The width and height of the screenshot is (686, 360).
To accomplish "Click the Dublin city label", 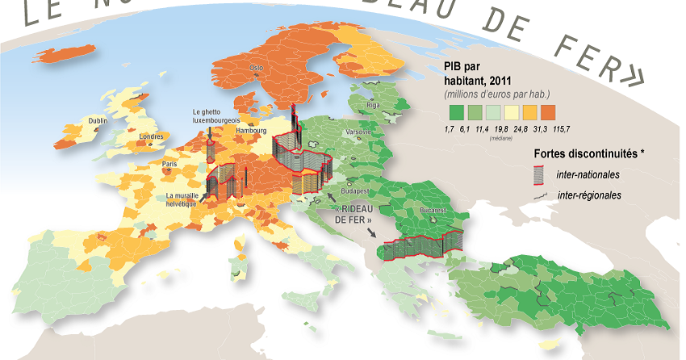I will pyautogui.click(x=98, y=121).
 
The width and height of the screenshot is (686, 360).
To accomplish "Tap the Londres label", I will pyautogui.click(x=152, y=136).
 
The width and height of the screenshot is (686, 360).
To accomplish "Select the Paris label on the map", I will pyautogui.click(x=169, y=164).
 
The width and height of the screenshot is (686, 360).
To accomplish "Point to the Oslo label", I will pyautogui.click(x=257, y=68).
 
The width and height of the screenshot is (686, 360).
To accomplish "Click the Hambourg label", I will pyautogui.click(x=252, y=130).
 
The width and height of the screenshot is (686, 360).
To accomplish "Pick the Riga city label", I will pyautogui.click(x=372, y=105).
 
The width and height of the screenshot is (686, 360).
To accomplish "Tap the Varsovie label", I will pyautogui.click(x=358, y=132).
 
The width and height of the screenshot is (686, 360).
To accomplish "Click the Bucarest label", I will pyautogui.click(x=433, y=211).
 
